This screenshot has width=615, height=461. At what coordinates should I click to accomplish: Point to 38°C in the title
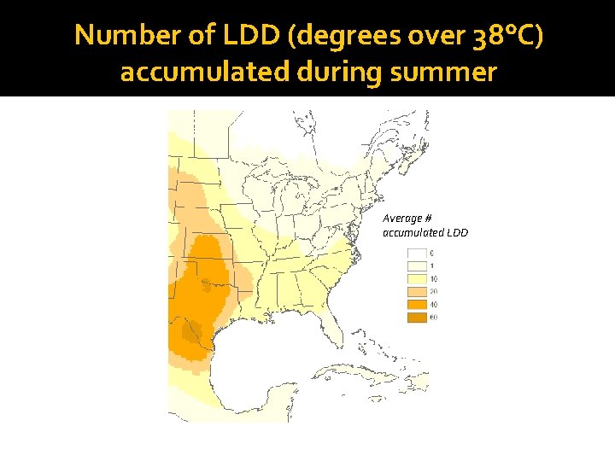click(506, 36)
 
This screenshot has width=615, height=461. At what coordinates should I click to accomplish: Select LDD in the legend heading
click(457, 232)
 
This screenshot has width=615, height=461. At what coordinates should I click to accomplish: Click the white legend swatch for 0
click(416, 254)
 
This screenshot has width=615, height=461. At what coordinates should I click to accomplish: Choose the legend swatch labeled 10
click(416, 279)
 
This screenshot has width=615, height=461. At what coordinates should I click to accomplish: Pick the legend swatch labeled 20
click(416, 292)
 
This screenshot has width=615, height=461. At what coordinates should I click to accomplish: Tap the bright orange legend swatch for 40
click(416, 305)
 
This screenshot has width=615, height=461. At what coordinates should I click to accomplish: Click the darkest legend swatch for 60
click(416, 318)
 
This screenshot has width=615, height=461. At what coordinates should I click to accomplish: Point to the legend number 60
click(433, 318)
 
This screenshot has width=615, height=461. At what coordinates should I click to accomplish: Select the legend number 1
click(431, 266)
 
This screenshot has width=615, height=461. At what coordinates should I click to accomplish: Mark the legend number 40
click(433, 305)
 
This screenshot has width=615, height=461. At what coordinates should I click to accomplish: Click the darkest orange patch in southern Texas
click(192, 331)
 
